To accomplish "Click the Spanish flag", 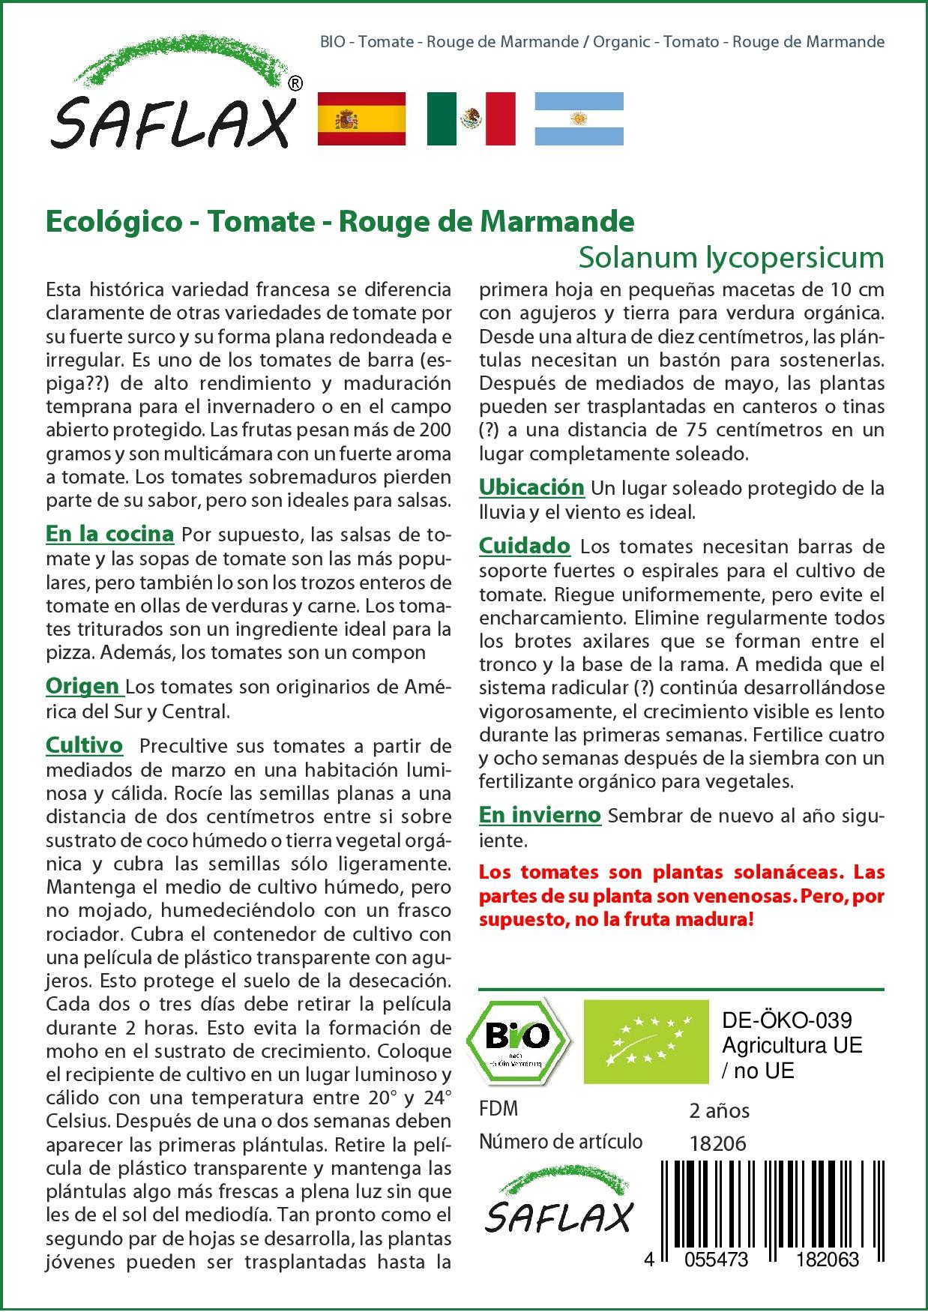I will point(362,118).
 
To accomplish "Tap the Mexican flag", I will point(471,118).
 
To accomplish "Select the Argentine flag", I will point(579,118).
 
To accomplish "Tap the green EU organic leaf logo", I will point(646,1041).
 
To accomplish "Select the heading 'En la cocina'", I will point(109,534).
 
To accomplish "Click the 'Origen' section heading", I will point(82,686).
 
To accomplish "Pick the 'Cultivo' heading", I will point(84,745).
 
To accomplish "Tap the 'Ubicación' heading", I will point(531,487).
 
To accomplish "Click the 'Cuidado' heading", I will point(525,546).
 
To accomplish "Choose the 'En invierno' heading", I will point(540,815).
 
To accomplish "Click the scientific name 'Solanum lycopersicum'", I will point(731,257).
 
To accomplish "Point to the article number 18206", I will point(717,1143).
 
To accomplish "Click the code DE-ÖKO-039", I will point(786,1020).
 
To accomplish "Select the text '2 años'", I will point(719,1110).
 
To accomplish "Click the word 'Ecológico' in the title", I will point(113,221).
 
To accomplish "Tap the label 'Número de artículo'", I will point(561,1142).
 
